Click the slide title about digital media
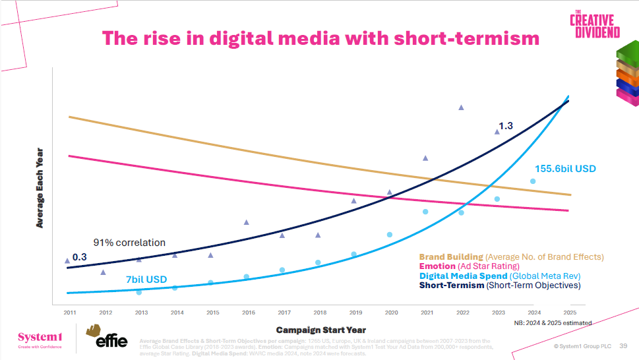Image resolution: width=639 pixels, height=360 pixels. click(320, 38)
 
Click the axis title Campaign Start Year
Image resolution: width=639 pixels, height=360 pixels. click(320, 330)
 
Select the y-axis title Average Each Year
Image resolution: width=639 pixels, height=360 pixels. click(40, 188)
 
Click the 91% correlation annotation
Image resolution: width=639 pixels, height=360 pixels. click(129, 243)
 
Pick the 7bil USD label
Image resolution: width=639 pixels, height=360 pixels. click(146, 280)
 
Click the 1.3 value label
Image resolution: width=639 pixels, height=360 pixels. click(506, 125)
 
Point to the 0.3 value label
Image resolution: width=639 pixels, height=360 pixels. click(79, 256)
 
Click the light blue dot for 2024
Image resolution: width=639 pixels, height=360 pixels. click(533, 181)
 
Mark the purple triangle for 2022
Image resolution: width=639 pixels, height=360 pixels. click(461, 107)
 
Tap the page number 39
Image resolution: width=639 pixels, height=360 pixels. click(623, 345)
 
